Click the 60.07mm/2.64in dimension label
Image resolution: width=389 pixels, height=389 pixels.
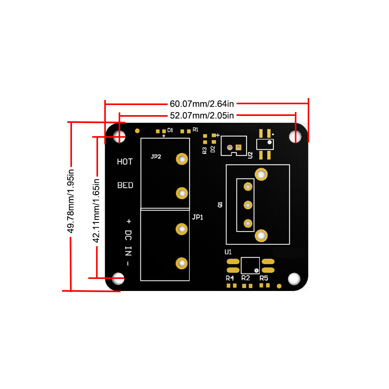[202, 104]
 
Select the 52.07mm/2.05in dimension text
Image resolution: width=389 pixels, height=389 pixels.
[202, 115]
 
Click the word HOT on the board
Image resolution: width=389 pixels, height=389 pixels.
[125, 161]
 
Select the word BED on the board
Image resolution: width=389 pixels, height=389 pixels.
[125, 185]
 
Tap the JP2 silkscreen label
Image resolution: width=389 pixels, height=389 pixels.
[156, 157]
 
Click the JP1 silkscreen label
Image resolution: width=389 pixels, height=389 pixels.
[198, 217]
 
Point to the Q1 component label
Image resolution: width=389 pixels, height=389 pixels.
[220, 204]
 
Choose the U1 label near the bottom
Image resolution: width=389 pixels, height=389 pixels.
[228, 252]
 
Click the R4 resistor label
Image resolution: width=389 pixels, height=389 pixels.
[230, 278]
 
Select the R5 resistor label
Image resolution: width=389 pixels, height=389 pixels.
[264, 278]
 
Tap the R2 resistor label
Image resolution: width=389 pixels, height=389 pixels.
[245, 278]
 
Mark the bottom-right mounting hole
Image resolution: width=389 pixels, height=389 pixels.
[294, 279]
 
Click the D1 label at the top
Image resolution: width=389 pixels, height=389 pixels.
[170, 130]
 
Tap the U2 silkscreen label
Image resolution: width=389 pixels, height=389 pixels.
[250, 155]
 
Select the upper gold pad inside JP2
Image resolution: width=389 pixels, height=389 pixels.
[182, 159]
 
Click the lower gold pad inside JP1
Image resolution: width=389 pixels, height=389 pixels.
[181, 263]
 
